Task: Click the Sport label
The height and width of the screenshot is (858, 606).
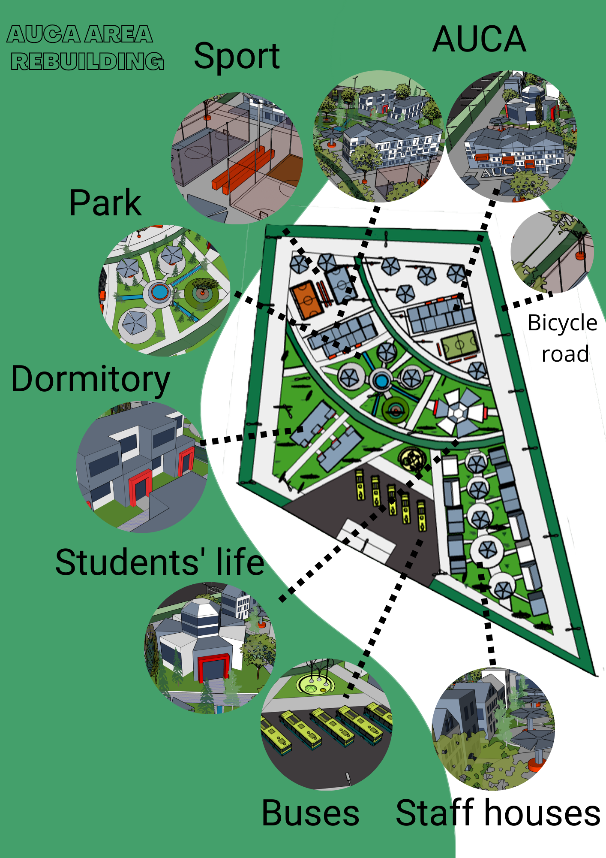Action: pyautogui.click(x=237, y=57)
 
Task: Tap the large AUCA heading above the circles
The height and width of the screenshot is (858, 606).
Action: pyautogui.click(x=479, y=39)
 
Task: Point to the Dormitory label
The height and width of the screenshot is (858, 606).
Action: pyautogui.click(x=90, y=380)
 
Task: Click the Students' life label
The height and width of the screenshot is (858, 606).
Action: pyautogui.click(x=159, y=562)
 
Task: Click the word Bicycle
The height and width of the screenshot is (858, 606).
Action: pyautogui.click(x=562, y=323)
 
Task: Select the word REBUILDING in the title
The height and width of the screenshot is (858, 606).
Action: pyautogui.click(x=87, y=61)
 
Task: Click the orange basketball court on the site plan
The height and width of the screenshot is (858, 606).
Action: pyautogui.click(x=306, y=299)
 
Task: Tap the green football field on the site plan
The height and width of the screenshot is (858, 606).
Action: pyautogui.click(x=459, y=344)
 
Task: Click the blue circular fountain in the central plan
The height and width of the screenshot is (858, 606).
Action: pyautogui.click(x=381, y=381)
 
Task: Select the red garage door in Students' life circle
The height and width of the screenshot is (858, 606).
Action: pyautogui.click(x=213, y=668)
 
